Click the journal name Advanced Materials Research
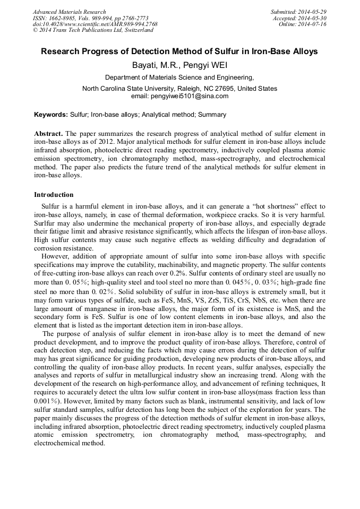69,12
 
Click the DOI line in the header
95,24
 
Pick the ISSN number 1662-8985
62,18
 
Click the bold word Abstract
48,133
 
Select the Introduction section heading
54,195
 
